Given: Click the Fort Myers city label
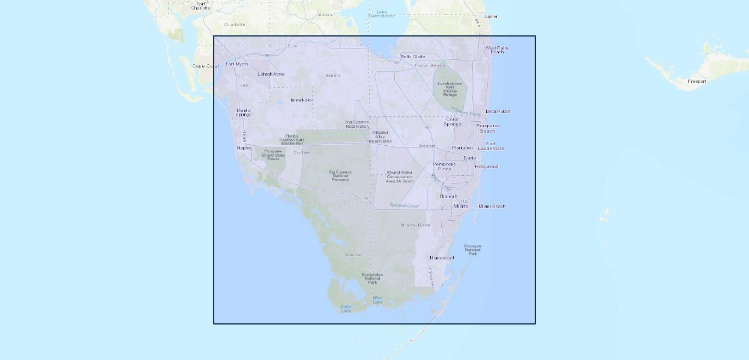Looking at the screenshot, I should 236,64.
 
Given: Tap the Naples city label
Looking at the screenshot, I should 244,148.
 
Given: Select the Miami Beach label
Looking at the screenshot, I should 492,206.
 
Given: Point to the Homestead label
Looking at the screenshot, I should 442,258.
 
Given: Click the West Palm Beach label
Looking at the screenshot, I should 497,50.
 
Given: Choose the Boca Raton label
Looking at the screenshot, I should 498,112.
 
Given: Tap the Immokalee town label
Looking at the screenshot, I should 302,100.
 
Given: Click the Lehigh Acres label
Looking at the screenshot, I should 271,74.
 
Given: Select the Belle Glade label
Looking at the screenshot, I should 413,57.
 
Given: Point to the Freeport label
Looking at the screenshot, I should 697,81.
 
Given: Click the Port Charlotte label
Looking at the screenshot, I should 201,5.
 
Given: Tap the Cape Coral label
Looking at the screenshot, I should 206,66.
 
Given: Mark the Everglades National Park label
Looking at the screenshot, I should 372,278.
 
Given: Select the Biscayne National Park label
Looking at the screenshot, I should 472,250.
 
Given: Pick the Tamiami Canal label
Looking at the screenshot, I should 404,206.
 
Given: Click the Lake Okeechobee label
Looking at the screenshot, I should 381,14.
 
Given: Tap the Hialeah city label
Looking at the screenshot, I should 448,196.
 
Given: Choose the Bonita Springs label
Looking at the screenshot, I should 243,112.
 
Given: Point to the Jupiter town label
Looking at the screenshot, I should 490,16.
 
